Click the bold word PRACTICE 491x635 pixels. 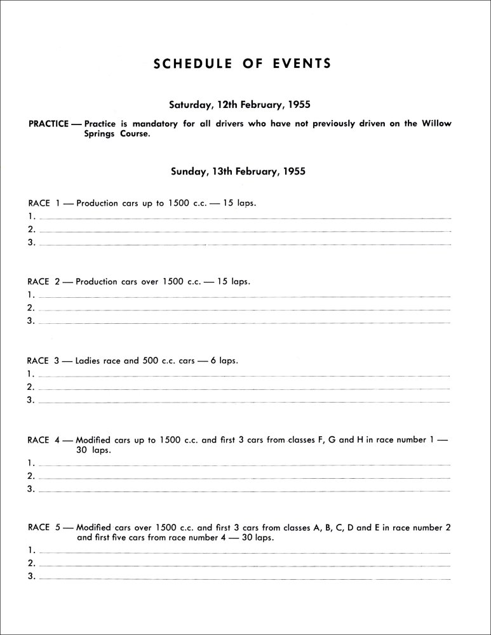[49, 124]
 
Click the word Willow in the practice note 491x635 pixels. [436, 124]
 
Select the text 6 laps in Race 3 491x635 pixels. [225, 360]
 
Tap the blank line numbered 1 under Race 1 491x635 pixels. [245, 218]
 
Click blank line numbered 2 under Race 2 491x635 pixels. [245, 309]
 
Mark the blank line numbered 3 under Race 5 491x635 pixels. [245, 578]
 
